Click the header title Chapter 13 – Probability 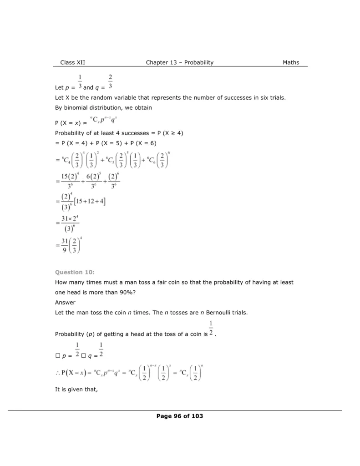[179, 62]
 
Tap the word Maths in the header [290, 62]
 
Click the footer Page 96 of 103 [179, 416]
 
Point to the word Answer [65, 302]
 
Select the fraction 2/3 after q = [111, 81]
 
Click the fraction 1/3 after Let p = [80, 81]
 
